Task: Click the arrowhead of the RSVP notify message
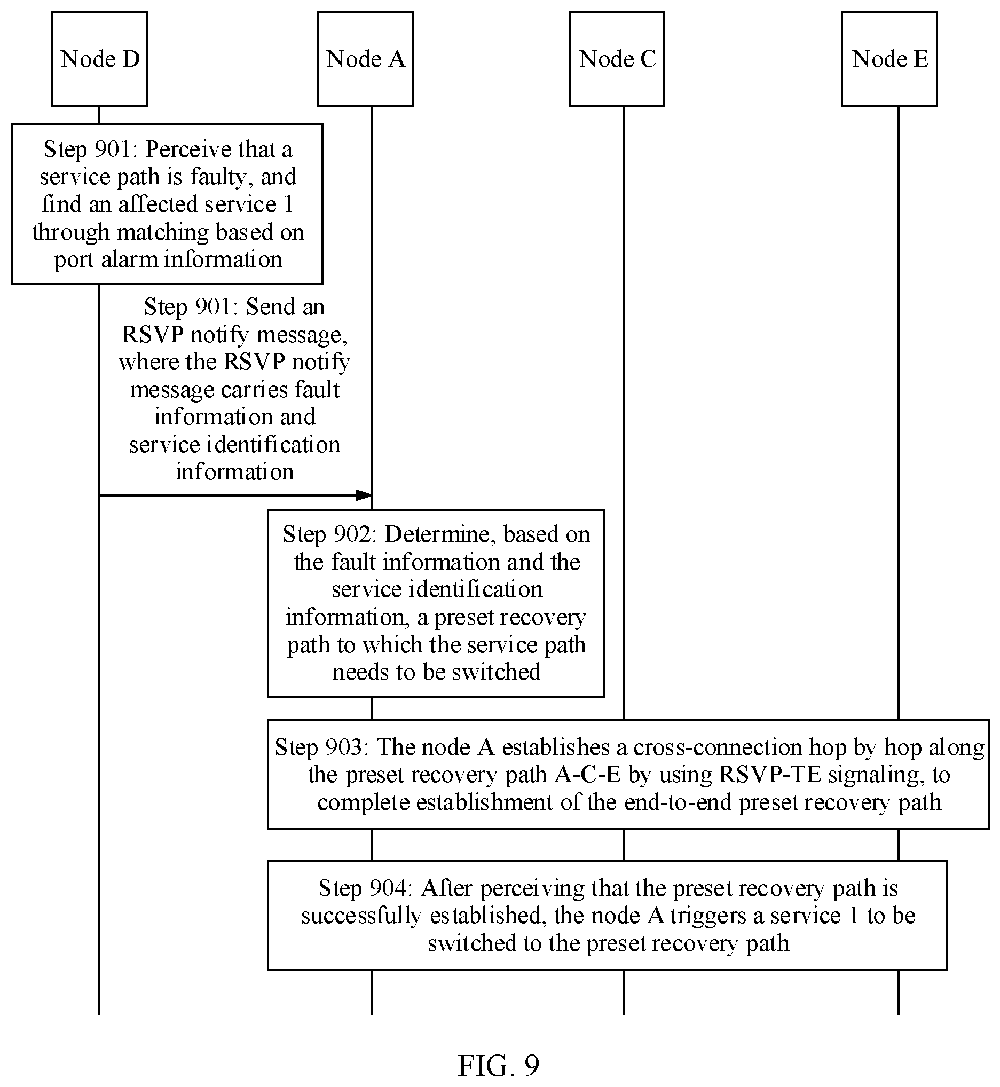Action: tap(364, 495)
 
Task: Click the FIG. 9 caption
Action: tap(499, 1065)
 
